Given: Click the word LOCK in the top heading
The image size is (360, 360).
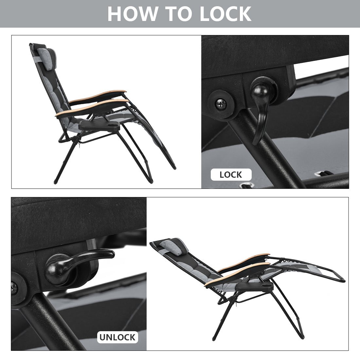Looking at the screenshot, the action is [x=226, y=14].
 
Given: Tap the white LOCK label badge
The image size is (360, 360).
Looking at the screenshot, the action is [x=231, y=175].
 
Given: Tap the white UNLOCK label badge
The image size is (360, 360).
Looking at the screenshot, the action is [x=117, y=337].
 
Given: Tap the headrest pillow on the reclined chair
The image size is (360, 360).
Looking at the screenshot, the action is [x=174, y=246].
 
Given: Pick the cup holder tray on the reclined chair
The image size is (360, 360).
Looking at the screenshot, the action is [x=254, y=287].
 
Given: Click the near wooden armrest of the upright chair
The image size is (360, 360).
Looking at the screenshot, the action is [x=92, y=107].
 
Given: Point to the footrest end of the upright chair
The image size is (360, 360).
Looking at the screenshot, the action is [x=174, y=168].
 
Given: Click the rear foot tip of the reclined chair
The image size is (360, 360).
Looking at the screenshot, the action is [x=214, y=338].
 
